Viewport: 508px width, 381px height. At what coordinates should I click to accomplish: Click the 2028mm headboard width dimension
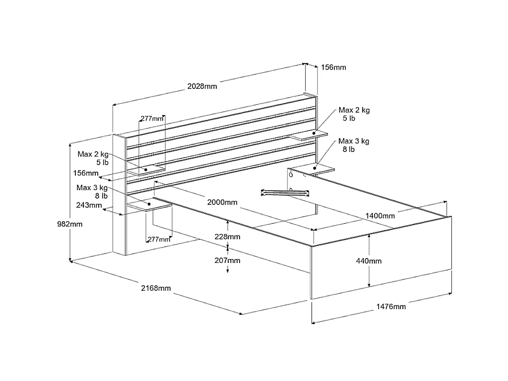(202, 86)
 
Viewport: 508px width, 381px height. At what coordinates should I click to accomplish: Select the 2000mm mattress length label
(223, 202)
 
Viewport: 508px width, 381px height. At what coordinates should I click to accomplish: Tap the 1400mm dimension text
(380, 215)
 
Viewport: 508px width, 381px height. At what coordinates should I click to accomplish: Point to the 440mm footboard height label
(382, 261)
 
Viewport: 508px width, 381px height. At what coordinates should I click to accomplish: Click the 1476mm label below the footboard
(391, 307)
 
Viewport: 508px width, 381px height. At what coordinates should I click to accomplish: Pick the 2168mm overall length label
(156, 288)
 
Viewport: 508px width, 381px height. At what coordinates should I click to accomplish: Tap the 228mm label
(228, 237)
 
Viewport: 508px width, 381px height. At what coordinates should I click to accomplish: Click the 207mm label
(228, 260)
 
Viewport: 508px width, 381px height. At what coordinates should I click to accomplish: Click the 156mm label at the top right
(334, 67)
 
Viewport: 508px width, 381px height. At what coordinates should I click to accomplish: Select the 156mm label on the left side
(85, 173)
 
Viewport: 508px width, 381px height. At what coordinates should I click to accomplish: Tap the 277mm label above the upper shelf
(152, 119)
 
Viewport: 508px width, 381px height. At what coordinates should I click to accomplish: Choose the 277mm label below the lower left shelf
(159, 240)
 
